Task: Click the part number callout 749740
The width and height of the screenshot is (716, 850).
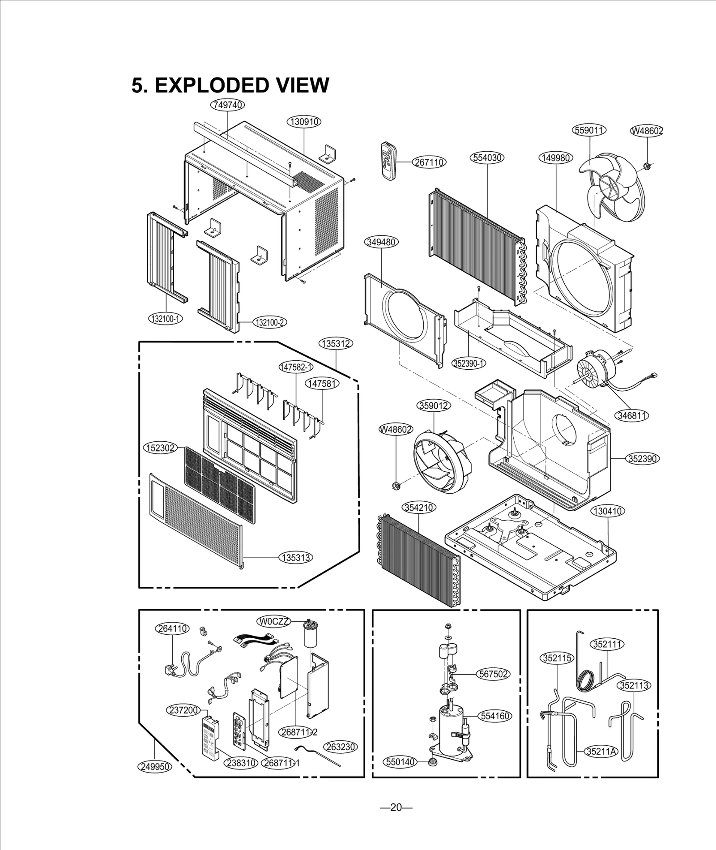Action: pyautogui.click(x=227, y=105)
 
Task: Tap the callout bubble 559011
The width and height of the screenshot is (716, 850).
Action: pyautogui.click(x=589, y=130)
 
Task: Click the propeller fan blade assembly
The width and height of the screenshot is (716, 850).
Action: pyautogui.click(x=613, y=183)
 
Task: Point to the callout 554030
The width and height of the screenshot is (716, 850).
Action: pyautogui.click(x=487, y=158)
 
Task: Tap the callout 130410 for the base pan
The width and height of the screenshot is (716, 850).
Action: pyautogui.click(x=607, y=511)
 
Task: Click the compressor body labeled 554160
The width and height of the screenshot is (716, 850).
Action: pyautogui.click(x=453, y=729)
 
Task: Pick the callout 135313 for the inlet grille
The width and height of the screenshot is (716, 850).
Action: pyautogui.click(x=296, y=557)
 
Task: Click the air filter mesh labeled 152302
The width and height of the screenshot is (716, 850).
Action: pyautogui.click(x=219, y=486)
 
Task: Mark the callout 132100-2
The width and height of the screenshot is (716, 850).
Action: pyautogui.click(x=270, y=322)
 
